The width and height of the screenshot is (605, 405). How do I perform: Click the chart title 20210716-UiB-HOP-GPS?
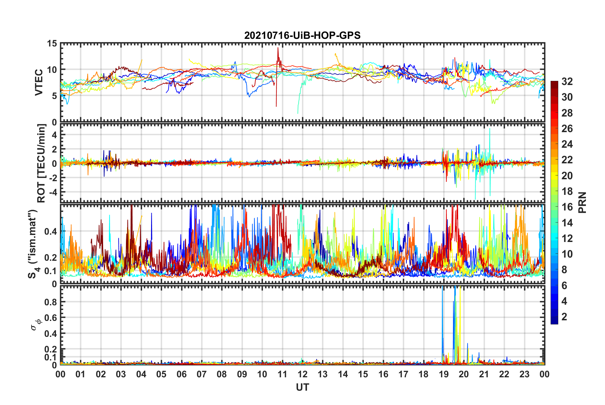tap(302, 35)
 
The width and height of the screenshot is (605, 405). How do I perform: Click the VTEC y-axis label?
tap(39, 82)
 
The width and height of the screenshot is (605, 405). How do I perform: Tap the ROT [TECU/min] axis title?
tap(41, 163)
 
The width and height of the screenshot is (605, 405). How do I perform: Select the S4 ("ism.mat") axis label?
tap(33, 244)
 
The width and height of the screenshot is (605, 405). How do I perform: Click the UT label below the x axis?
tap(302, 387)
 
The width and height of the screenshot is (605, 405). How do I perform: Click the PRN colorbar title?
tap(582, 202)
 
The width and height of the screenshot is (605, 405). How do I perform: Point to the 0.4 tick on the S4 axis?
tap(51, 231)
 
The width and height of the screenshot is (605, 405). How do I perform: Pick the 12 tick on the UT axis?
tap(302, 374)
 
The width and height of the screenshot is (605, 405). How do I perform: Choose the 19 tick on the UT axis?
tap(444, 374)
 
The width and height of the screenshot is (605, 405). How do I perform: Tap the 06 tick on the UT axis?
tap(182, 374)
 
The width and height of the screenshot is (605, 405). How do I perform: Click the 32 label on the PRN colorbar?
tap(567, 82)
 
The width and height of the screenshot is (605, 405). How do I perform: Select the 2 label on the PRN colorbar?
tap(564, 317)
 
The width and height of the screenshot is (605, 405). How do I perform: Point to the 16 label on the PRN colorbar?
tap(567, 207)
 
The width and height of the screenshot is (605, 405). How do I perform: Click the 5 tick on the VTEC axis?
tap(54, 96)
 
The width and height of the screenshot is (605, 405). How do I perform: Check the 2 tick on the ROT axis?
tap(54, 149)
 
